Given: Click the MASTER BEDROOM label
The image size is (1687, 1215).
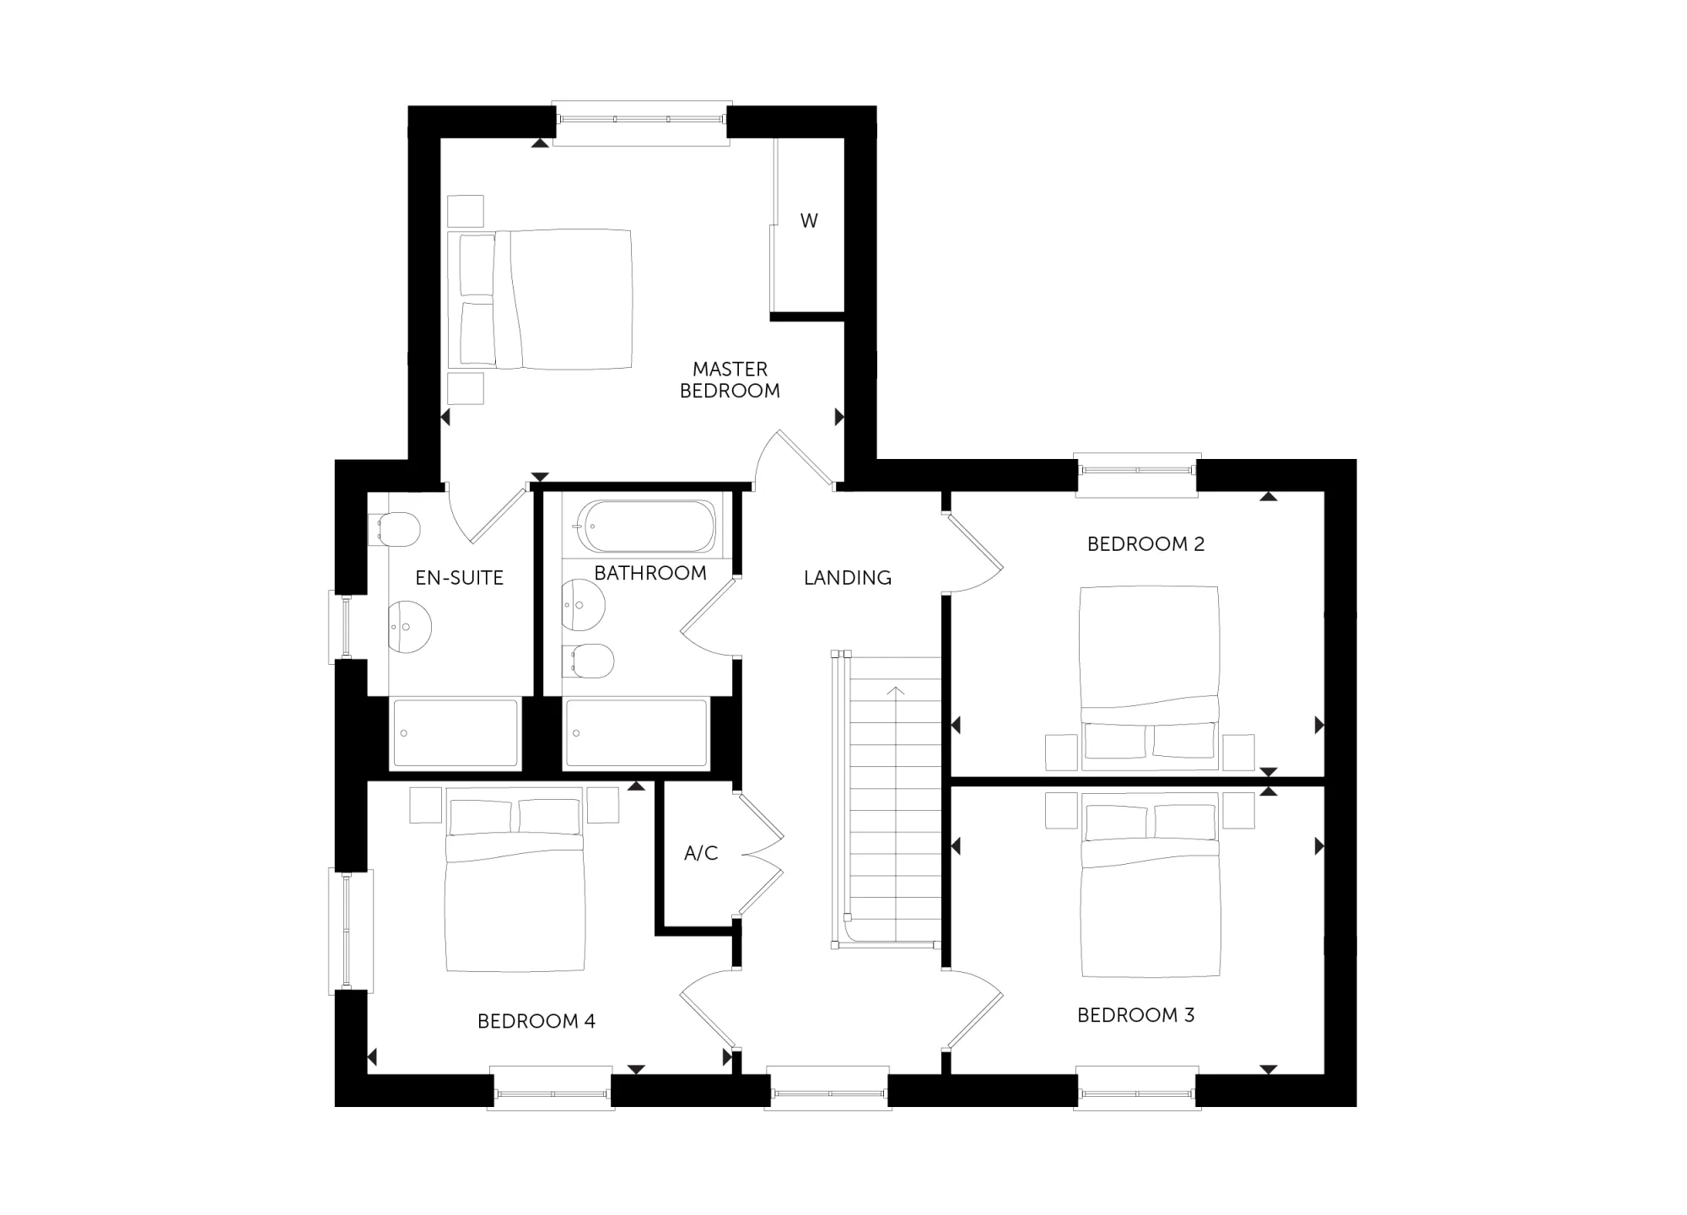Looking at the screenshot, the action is (730, 380).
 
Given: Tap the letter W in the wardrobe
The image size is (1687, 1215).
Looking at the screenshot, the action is (809, 221).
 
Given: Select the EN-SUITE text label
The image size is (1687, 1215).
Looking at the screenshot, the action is (459, 578).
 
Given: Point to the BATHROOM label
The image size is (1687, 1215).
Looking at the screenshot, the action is (650, 573).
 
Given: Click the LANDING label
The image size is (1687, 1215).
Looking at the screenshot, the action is (847, 578).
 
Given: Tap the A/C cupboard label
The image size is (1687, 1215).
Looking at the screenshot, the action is (701, 853).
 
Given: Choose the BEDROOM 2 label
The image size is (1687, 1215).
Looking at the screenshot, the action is (1145, 544).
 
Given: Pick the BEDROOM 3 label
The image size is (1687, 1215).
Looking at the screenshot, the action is (1135, 1015).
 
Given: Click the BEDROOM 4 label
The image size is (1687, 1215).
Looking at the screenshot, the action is (536, 1022).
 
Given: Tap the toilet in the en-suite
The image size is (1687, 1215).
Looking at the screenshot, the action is (393, 529).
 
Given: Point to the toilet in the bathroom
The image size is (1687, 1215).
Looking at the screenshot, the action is (587, 661).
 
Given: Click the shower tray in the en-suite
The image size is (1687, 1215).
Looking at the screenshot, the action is (455, 733).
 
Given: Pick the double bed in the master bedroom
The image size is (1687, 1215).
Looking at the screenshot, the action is (540, 300).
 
